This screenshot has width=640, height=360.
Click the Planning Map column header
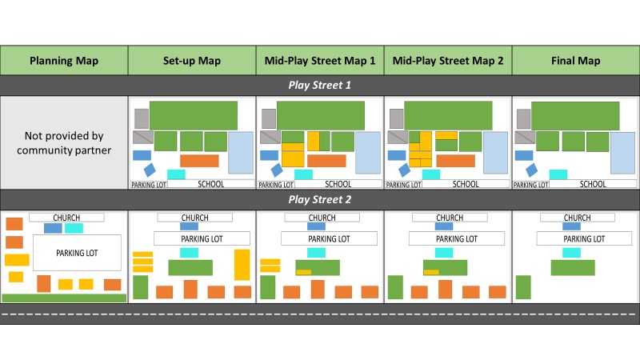64,61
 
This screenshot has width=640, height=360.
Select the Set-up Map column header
192,61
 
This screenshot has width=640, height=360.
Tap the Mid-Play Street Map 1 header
320,61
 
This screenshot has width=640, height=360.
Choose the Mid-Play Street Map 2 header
448,61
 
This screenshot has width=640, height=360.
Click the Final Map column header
576,61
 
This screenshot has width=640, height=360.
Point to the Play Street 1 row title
320,85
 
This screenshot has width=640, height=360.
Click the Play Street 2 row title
320,199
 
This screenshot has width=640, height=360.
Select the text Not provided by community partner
64,142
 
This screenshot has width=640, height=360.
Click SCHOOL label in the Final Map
593,184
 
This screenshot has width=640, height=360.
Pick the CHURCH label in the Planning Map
66,218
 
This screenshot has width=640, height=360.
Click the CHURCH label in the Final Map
577,218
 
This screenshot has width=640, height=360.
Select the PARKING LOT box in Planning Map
77,253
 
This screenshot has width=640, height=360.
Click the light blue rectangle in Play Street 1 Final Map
624,153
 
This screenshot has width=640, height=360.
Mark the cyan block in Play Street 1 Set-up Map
176,174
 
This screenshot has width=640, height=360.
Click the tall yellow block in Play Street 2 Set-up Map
242,265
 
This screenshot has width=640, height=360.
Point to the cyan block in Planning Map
74,228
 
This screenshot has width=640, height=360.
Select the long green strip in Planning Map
64,298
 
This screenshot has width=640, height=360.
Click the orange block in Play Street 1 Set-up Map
199,161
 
